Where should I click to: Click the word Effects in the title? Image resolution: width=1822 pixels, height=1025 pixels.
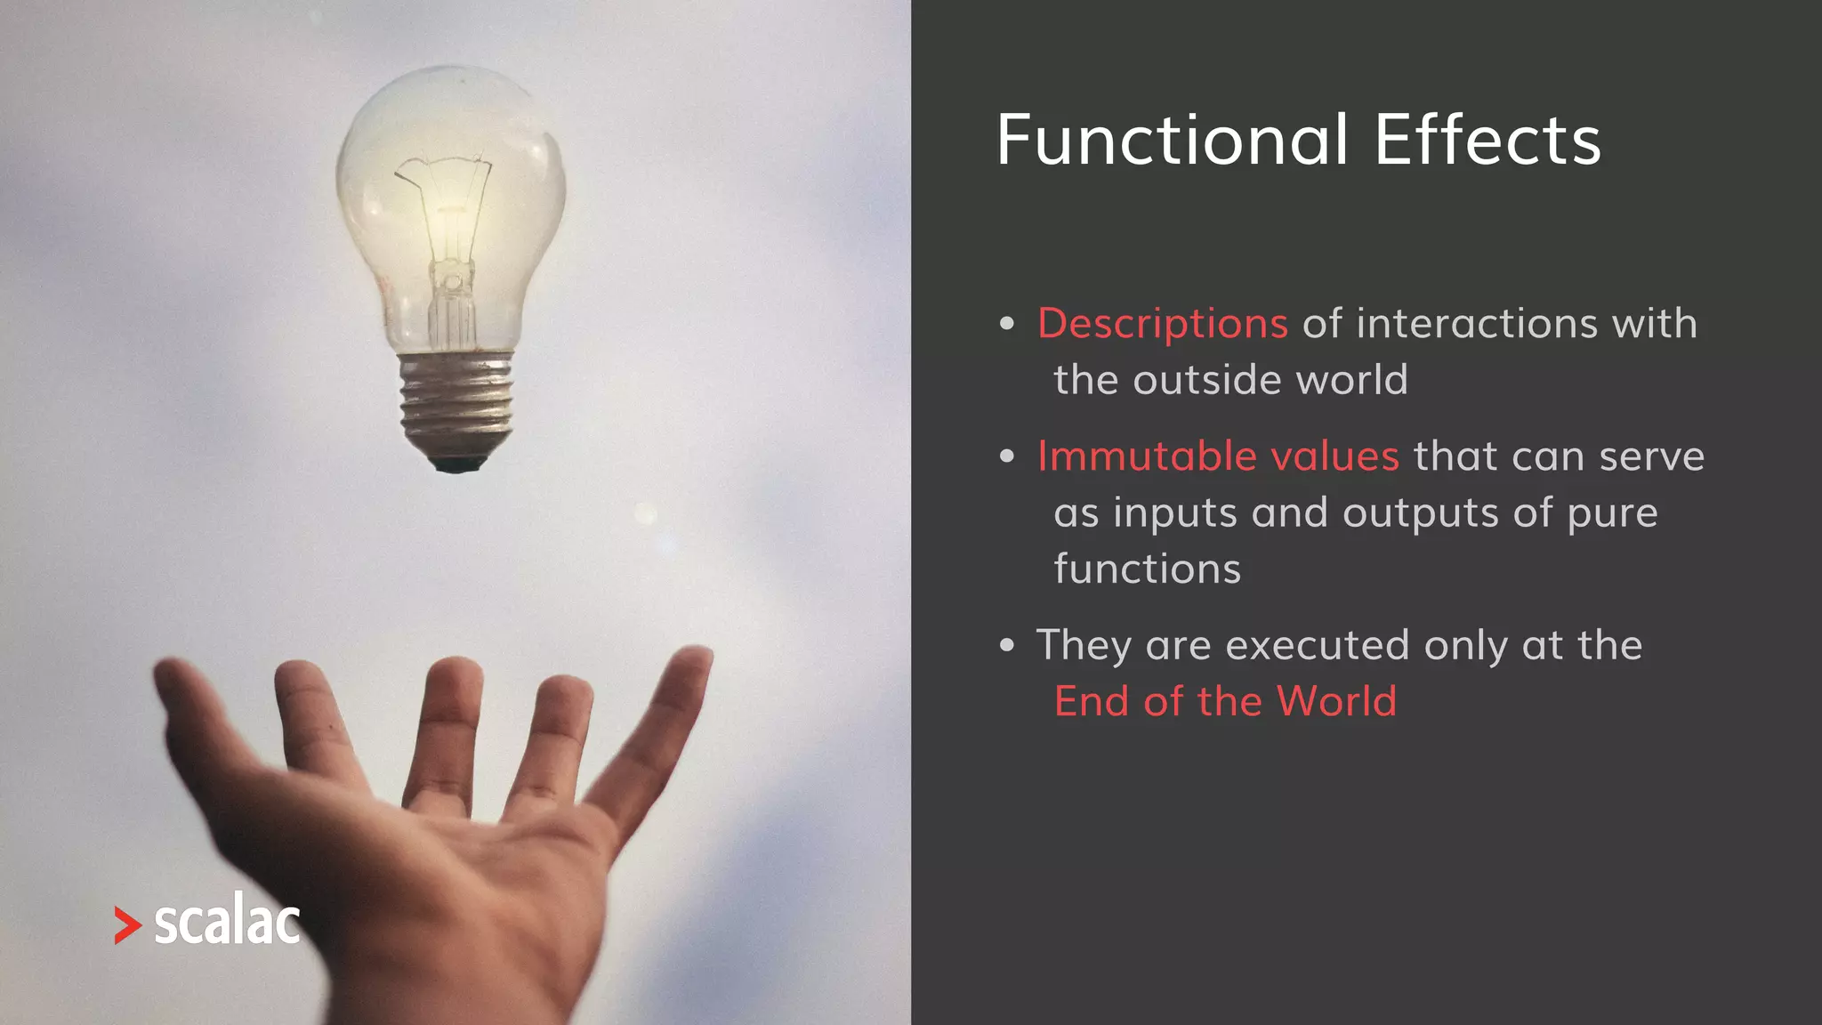pyautogui.click(x=1487, y=141)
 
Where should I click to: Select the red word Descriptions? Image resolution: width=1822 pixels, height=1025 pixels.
pyautogui.click(x=1162, y=323)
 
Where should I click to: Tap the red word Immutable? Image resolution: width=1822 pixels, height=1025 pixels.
pyautogui.click(x=1147, y=456)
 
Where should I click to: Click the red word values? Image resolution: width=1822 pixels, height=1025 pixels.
pyautogui.click(x=1334, y=456)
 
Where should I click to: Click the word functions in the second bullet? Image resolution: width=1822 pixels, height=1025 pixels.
pyautogui.click(x=1147, y=569)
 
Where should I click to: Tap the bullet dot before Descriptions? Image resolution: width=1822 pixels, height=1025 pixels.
pyautogui.click(x=1006, y=324)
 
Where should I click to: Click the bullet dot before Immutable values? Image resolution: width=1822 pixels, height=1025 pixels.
pyautogui.click(x=1006, y=457)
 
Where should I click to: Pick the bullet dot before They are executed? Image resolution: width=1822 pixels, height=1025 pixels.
pyautogui.click(x=1006, y=646)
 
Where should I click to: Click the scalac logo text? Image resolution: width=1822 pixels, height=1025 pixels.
pyautogui.click(x=227, y=923)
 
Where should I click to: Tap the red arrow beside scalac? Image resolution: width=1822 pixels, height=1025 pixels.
pyautogui.click(x=127, y=925)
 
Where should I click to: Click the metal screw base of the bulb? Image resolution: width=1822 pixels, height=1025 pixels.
pyautogui.click(x=456, y=400)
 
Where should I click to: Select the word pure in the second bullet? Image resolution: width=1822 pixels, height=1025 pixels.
pyautogui.click(x=1612, y=513)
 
